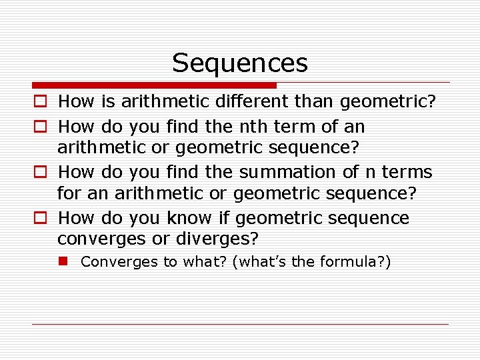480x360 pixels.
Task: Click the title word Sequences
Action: (240, 63)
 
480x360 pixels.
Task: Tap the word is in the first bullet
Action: (108, 102)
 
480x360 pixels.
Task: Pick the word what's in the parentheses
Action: (262, 262)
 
